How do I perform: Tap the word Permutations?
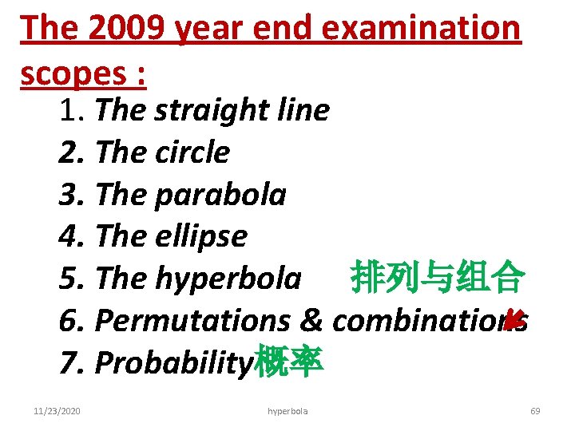(192, 320)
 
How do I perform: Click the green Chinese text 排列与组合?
(437, 278)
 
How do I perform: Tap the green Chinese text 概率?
(288, 362)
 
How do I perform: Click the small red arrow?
(514, 320)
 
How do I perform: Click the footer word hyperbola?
(287, 411)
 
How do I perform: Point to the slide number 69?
(535, 411)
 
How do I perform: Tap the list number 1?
(68, 111)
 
